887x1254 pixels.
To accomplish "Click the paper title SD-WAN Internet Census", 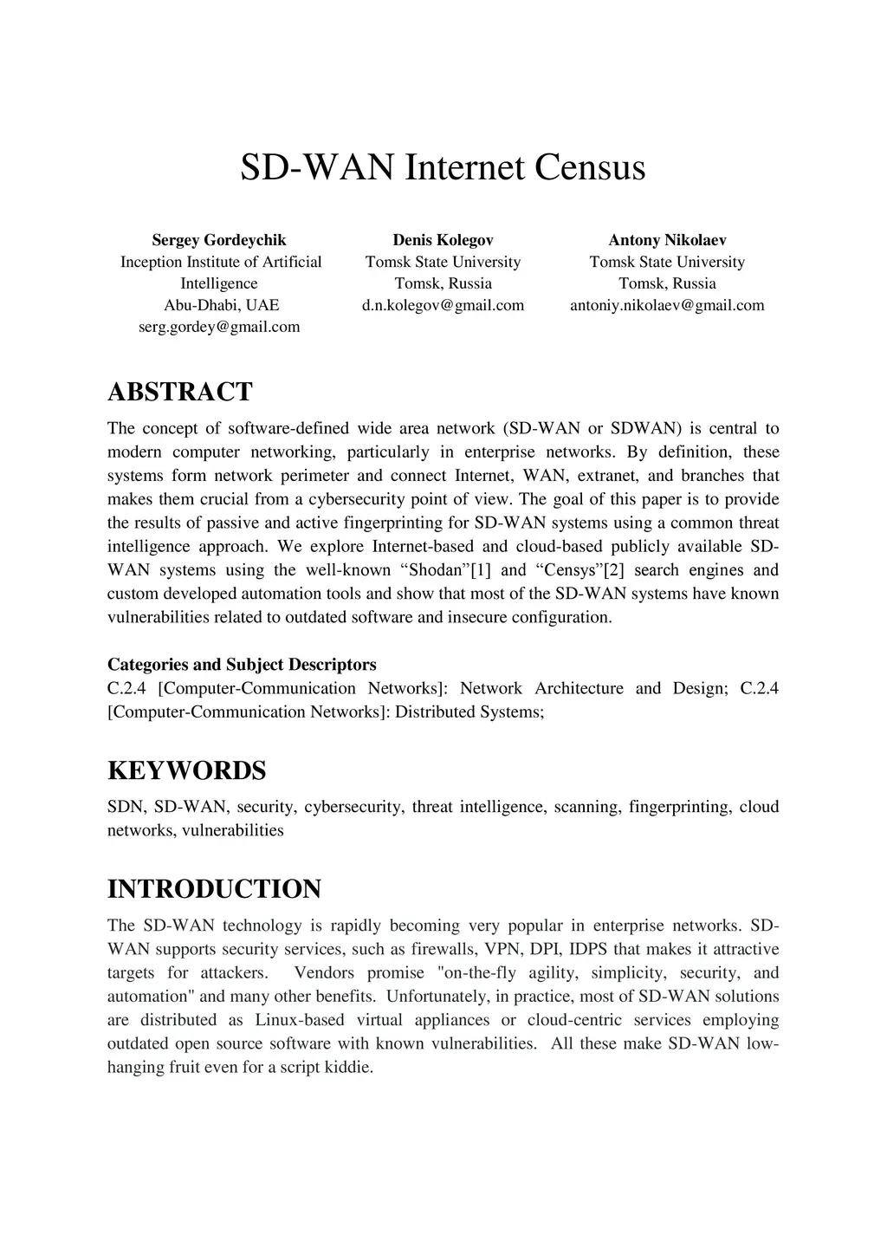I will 443,167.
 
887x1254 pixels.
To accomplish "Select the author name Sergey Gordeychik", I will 219,240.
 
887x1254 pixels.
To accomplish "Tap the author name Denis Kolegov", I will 443,240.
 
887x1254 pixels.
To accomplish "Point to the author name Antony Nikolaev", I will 667,240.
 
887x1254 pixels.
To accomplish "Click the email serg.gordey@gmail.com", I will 219,327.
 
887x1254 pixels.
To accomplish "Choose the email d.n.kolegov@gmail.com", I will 443,305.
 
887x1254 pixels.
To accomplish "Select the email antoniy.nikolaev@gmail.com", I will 667,305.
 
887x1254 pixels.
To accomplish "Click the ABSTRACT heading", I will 179,392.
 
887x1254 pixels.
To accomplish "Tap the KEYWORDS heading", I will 186,770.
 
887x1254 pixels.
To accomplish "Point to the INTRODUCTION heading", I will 214,889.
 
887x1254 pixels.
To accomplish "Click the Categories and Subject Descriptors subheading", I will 242,665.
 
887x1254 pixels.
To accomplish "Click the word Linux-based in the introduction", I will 300,1020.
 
